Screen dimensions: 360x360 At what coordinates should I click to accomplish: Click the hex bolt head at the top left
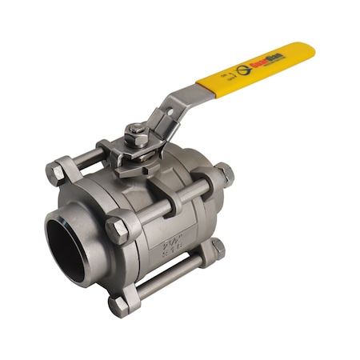57,172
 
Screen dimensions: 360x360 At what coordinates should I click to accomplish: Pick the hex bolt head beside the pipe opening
117,230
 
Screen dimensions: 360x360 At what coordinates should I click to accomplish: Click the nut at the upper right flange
224,174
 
